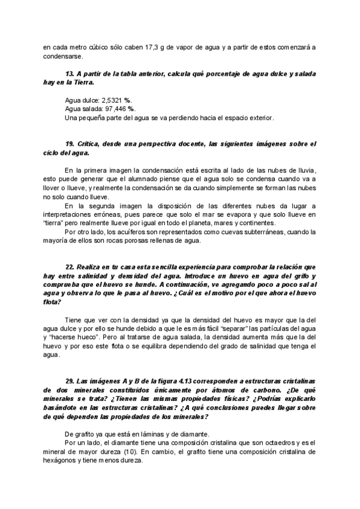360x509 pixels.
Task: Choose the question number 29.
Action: click(x=71, y=382)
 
